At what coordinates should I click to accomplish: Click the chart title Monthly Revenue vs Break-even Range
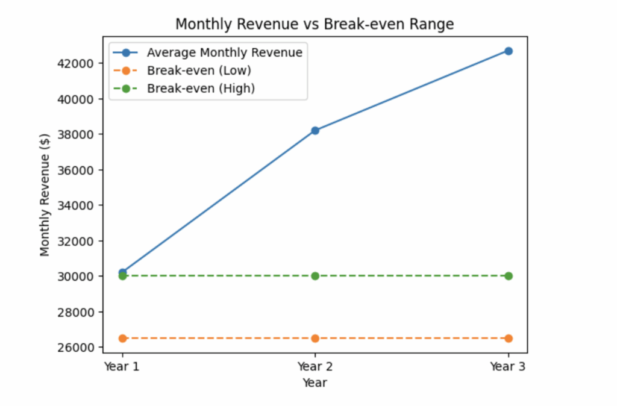coord(314,24)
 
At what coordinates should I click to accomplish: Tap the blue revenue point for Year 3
coord(509,51)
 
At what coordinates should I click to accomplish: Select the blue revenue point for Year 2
coord(315,130)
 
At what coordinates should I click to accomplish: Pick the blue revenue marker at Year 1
coord(122,272)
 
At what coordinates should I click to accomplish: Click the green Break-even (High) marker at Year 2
coord(315,276)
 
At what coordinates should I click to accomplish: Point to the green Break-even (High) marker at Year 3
coord(509,276)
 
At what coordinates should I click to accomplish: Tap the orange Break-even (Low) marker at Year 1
coord(122,339)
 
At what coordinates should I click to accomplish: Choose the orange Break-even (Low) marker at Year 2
coord(315,339)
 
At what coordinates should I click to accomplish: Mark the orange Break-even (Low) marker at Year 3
coord(509,339)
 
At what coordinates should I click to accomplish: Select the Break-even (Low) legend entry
coord(199,70)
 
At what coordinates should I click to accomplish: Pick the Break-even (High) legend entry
coord(201,89)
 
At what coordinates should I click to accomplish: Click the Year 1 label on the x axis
coord(122,366)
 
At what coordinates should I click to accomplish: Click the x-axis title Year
coord(315,383)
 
